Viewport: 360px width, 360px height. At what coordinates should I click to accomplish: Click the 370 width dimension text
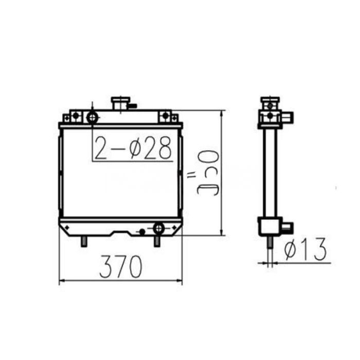click(x=121, y=267)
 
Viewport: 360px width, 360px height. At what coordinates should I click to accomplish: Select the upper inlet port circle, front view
click(x=93, y=117)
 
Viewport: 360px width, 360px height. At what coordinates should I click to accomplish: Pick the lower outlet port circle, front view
click(x=158, y=227)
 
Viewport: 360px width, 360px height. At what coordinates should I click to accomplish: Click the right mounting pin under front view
click(x=157, y=240)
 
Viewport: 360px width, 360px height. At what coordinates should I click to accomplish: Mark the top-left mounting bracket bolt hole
click(x=75, y=116)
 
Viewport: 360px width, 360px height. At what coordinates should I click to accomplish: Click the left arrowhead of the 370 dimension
click(x=62, y=281)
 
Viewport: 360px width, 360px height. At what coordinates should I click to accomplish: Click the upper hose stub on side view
click(x=289, y=117)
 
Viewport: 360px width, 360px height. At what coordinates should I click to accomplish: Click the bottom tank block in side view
click(x=268, y=225)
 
